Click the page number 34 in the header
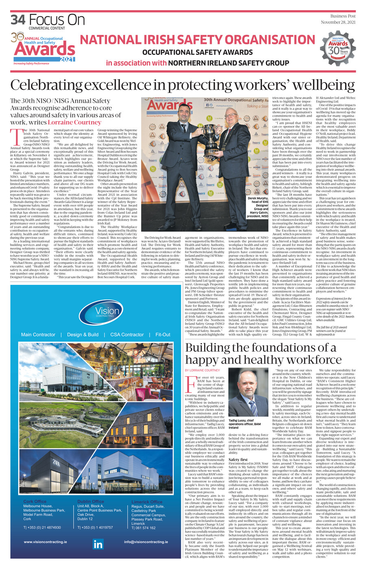coord(18,20)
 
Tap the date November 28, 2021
coord(338,22)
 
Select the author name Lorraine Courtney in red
coord(74,122)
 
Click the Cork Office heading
coord(35,502)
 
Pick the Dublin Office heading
coord(90,502)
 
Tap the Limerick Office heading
coord(146,502)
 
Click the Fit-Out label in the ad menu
coord(163,334)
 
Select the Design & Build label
coord(83,334)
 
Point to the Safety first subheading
coord(238,460)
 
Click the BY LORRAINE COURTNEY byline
coord(202,370)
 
